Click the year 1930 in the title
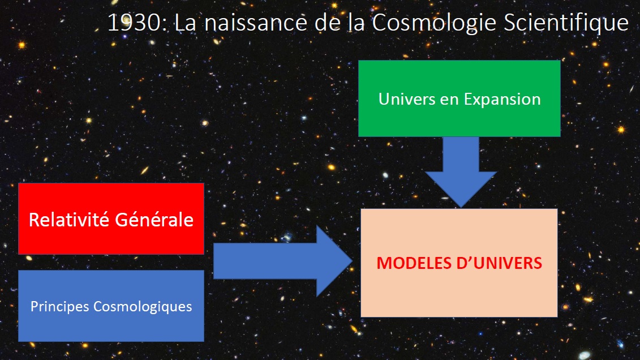coord(135,23)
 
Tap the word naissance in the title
coord(256,23)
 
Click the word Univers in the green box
coord(406,99)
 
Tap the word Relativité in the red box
coord(69,220)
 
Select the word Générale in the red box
coord(154,220)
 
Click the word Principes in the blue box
coord(59,307)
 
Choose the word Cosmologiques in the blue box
coord(143,307)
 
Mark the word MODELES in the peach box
coord(414,263)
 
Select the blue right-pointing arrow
coord(282,261)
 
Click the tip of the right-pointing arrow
coord(352,261)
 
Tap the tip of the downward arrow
coord(461,207)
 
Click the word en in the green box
coord(449,101)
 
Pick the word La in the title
coord(185,23)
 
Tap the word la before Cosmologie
coord(356,23)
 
